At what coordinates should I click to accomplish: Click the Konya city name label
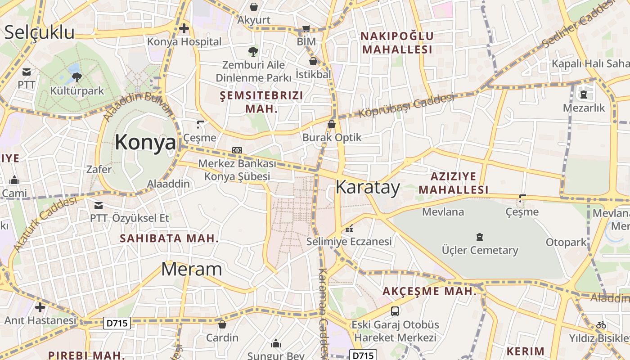(145, 142)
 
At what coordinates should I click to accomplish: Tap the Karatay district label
(368, 187)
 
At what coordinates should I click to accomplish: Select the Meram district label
(191, 269)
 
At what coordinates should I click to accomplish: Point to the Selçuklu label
(39, 32)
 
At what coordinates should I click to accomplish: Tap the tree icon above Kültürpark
(76, 77)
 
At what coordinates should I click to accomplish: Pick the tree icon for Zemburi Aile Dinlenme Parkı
(253, 51)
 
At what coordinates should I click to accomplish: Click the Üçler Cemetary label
(480, 250)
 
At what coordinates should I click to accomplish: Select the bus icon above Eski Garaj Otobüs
(395, 311)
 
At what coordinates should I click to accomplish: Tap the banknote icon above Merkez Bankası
(237, 150)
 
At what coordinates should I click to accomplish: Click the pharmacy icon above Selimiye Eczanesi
(349, 229)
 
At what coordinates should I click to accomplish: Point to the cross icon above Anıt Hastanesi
(40, 307)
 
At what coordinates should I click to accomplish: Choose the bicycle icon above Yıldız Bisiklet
(601, 324)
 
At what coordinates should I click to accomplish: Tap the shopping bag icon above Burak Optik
(332, 124)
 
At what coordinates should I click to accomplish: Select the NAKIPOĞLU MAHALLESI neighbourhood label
(397, 43)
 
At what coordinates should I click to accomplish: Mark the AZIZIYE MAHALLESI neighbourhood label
(453, 183)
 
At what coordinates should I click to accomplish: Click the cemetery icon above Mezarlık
(584, 94)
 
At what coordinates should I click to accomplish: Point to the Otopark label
(566, 242)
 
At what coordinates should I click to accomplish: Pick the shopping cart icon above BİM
(306, 29)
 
